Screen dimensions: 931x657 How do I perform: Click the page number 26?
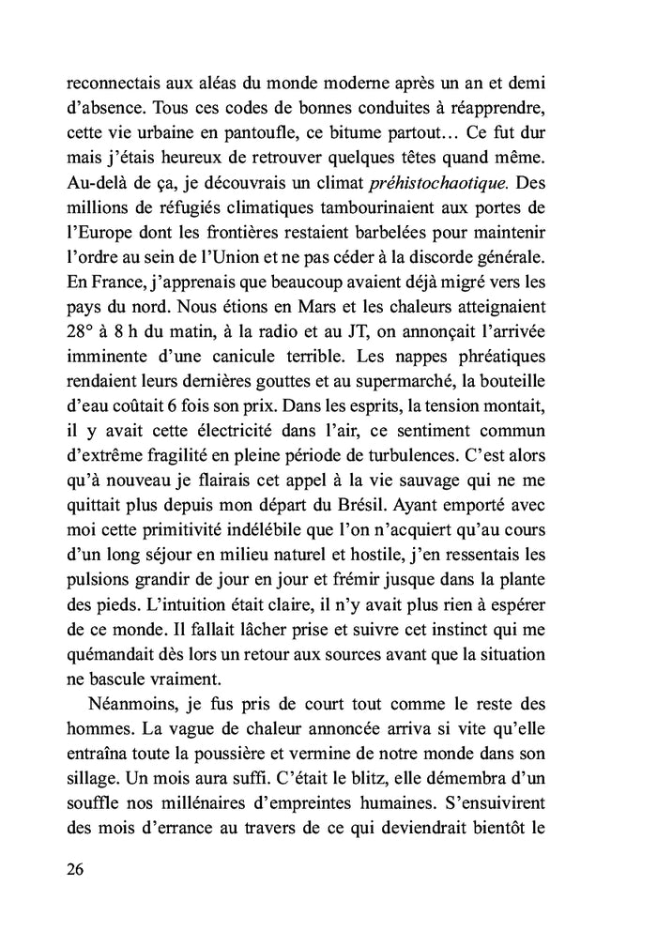point(76,869)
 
